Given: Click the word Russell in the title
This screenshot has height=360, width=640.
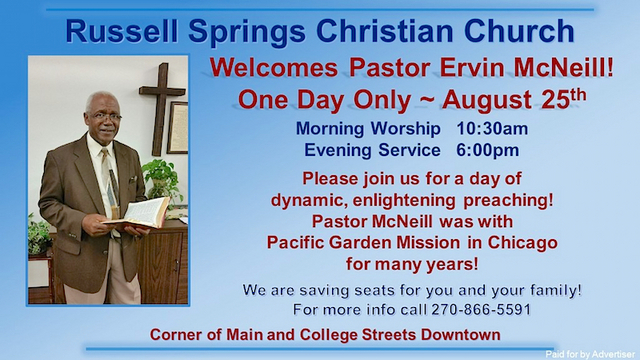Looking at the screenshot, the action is pos(122,31).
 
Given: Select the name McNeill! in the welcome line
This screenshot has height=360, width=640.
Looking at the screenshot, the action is pos(563,68).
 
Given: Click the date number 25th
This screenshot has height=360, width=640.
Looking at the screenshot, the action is pos(564,99).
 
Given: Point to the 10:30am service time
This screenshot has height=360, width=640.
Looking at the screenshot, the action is pos(492,129).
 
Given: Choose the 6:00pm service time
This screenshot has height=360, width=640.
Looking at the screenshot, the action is pos(487,150).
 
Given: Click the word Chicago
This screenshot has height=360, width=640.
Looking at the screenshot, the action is pos(522,242).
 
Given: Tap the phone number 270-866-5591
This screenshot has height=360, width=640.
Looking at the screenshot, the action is pos(481,309).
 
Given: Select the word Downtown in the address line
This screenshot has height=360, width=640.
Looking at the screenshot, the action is pos(461,335).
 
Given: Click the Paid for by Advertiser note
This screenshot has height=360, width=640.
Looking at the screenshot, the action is pos(590,354).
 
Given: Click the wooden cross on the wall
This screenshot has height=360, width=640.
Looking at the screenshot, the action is pos(162,108).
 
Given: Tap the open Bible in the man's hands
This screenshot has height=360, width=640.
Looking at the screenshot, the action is pos(138,213).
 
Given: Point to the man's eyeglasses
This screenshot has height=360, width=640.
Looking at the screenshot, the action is pos(105,117).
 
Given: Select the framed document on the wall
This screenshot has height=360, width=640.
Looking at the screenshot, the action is pos(178,127).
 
